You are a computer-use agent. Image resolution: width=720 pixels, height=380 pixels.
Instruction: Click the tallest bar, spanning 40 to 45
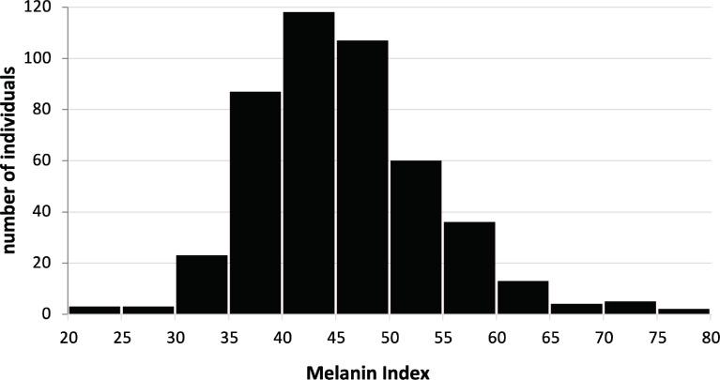click(309, 163)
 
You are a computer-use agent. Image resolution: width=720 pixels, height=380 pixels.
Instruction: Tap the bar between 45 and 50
click(362, 177)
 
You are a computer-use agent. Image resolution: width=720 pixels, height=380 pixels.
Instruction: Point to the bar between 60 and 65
click(523, 297)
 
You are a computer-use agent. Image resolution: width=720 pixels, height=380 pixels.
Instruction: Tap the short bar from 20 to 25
click(95, 310)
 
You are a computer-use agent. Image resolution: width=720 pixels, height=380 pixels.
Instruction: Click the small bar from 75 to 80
click(683, 311)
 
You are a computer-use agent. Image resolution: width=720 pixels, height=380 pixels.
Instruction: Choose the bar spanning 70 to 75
click(630, 308)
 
